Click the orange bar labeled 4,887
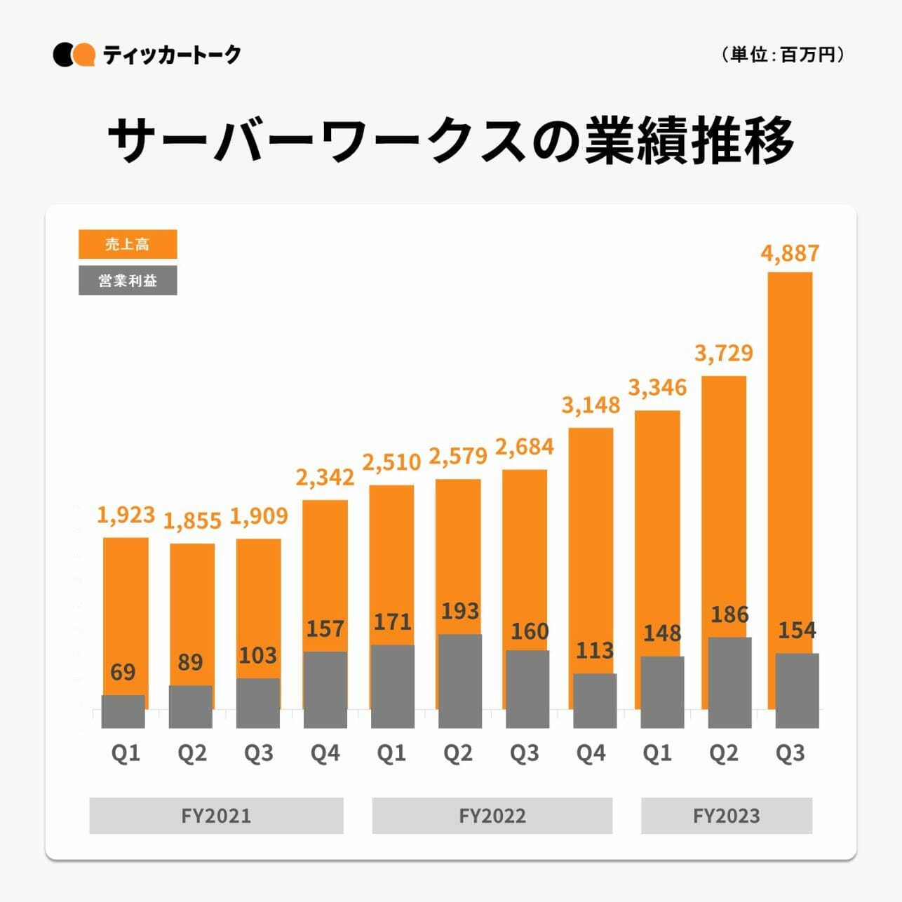[790, 456]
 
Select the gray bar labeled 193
[460, 680]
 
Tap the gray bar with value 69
[123, 711]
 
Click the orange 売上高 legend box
[128, 244]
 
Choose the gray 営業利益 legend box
[128, 281]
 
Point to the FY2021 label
[216, 816]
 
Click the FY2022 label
[492, 816]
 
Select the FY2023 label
[726, 816]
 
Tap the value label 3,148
[591, 405]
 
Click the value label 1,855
[192, 520]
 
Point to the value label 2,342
[325, 478]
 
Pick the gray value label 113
[595, 650]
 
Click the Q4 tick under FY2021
[325, 753]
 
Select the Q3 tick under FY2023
[790, 753]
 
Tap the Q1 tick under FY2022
[391, 753]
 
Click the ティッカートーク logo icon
[74, 55]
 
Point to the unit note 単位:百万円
[782, 55]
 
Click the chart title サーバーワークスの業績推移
[451, 140]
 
